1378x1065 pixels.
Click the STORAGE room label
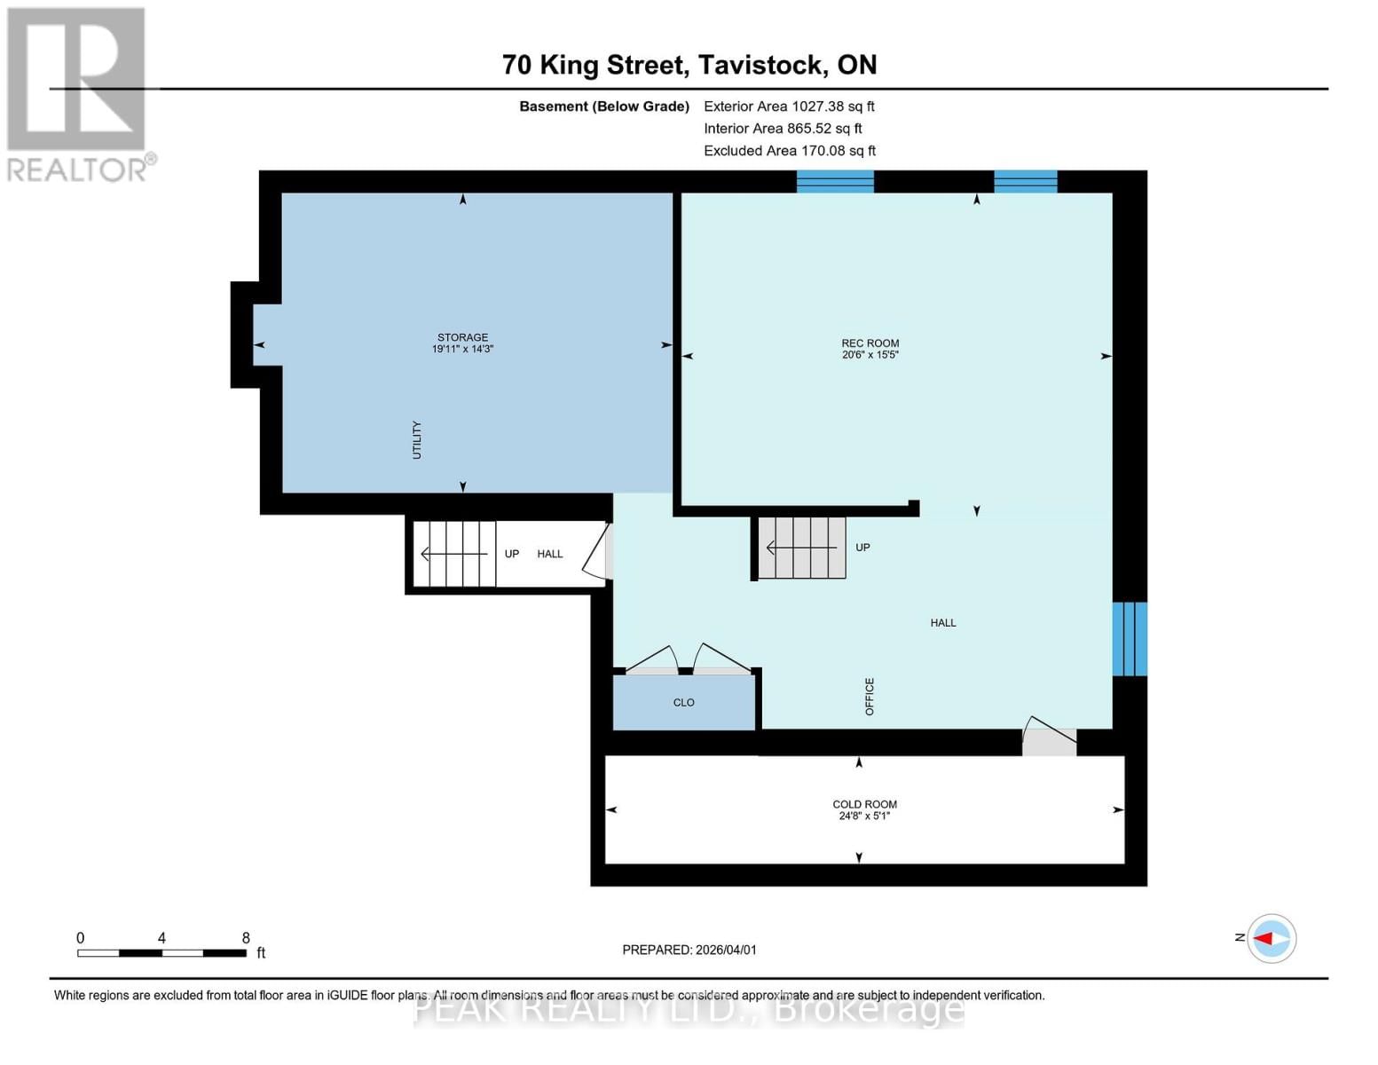(462, 337)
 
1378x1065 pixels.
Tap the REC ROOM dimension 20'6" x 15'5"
(870, 355)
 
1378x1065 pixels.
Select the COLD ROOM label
(864, 804)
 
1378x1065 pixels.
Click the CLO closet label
(683, 702)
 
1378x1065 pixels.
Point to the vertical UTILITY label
(416, 440)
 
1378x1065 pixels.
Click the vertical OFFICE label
(870, 697)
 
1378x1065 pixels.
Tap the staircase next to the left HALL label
(455, 554)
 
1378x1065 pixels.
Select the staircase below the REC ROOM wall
(801, 548)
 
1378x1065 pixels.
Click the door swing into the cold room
(1048, 738)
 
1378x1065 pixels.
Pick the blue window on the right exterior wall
(1130, 639)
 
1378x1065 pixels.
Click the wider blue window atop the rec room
(835, 181)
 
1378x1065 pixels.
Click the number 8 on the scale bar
(246, 938)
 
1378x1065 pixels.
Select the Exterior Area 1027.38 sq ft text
(789, 106)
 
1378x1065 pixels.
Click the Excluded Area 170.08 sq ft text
(790, 151)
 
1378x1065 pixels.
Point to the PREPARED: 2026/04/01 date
(689, 950)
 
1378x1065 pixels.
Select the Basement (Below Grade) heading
(604, 106)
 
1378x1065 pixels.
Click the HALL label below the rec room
(942, 623)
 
